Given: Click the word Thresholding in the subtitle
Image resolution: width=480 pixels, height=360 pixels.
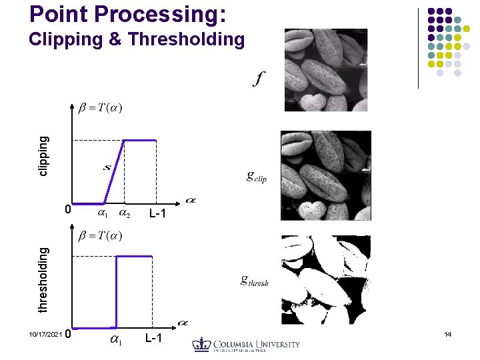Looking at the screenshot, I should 187,40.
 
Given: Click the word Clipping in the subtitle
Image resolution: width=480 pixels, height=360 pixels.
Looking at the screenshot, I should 66,40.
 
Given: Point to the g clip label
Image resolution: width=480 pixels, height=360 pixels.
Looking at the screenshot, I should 257,177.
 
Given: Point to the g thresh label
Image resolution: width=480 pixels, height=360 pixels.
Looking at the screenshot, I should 255,281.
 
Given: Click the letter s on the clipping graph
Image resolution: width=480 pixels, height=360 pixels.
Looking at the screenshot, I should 107,167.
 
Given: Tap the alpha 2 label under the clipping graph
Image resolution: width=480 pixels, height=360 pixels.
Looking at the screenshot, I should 125,214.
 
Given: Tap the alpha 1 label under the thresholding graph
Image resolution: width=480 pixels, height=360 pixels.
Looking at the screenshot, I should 115,341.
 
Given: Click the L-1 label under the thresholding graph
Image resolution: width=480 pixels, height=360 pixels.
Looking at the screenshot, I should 154,339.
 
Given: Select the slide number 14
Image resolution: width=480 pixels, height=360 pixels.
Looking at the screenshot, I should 447,333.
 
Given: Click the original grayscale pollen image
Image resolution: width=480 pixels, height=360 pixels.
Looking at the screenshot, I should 325,69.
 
